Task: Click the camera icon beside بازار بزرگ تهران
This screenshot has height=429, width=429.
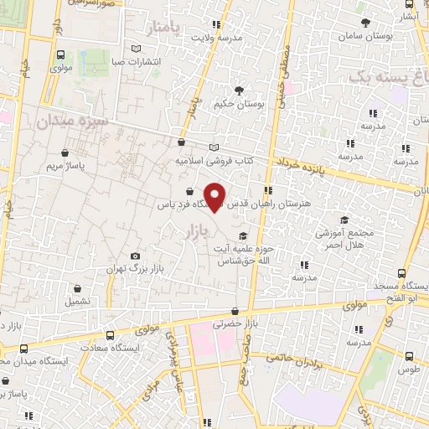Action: (x=136, y=256)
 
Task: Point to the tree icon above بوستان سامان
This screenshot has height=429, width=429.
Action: (x=364, y=23)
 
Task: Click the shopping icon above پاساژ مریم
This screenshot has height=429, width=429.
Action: (x=66, y=153)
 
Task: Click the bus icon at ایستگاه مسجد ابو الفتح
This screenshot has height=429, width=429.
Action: (x=402, y=273)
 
